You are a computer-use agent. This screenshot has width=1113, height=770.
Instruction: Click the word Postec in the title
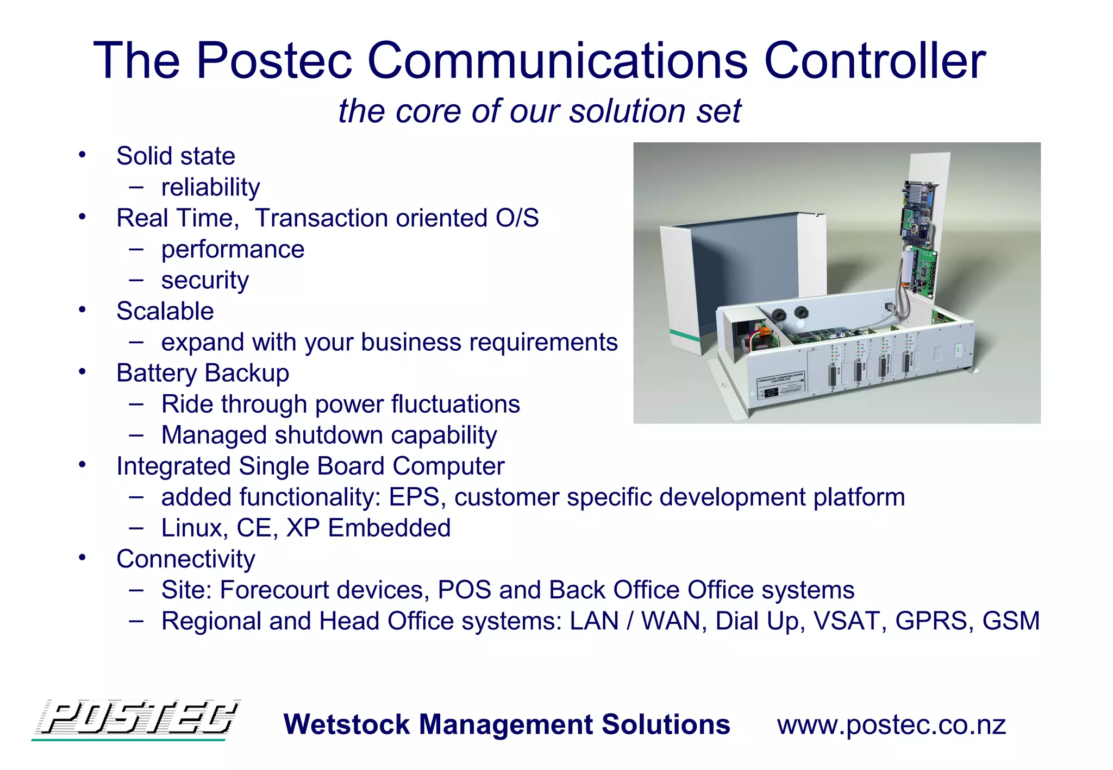coord(274,61)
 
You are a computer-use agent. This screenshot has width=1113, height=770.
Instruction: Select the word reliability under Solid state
coord(210,187)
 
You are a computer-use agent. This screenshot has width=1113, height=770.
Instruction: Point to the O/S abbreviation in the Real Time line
coord(517,218)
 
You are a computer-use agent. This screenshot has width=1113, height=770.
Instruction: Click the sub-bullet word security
coord(205,281)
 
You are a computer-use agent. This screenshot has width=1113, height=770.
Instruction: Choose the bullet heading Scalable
coord(165,312)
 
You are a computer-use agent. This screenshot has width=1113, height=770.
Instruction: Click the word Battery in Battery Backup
coord(157,374)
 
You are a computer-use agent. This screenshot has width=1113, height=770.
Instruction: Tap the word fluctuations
coord(455,405)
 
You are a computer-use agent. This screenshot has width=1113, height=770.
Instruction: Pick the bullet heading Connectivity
coord(185,559)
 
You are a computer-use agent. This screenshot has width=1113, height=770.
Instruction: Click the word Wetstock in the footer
coord(347,725)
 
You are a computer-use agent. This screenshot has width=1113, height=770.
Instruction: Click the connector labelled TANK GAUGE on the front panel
coord(883,366)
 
